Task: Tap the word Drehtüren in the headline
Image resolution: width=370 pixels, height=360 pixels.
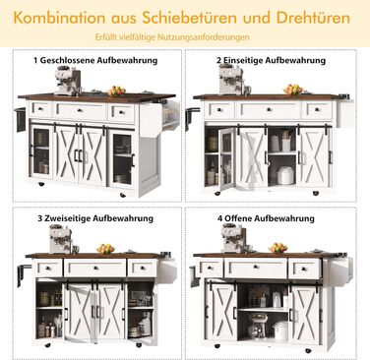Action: (x=313, y=18)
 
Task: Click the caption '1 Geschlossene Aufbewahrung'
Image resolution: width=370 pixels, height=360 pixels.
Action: (x=95, y=60)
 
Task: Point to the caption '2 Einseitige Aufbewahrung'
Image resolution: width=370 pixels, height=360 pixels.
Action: (x=271, y=60)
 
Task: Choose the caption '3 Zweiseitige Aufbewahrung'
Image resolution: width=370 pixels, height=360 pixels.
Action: (x=95, y=218)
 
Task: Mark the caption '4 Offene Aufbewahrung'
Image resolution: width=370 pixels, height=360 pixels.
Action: (x=266, y=218)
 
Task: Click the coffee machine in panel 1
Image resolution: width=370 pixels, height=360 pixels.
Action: (x=68, y=81)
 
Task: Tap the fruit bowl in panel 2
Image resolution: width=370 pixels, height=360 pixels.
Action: (x=293, y=90)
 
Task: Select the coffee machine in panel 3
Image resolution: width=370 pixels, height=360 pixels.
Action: (x=61, y=240)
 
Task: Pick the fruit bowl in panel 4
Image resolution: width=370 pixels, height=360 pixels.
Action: (x=277, y=248)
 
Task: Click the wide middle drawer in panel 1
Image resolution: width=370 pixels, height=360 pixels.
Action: (x=81, y=111)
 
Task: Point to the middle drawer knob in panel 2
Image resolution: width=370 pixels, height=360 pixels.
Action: (x=269, y=109)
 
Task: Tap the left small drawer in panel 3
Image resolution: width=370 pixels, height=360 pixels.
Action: (x=48, y=268)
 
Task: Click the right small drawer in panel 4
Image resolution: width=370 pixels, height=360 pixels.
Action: (x=305, y=269)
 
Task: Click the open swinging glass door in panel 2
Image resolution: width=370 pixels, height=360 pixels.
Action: (x=226, y=158)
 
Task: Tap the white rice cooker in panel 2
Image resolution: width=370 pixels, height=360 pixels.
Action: (x=285, y=175)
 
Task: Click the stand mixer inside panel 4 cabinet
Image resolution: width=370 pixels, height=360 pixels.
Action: (x=257, y=326)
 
